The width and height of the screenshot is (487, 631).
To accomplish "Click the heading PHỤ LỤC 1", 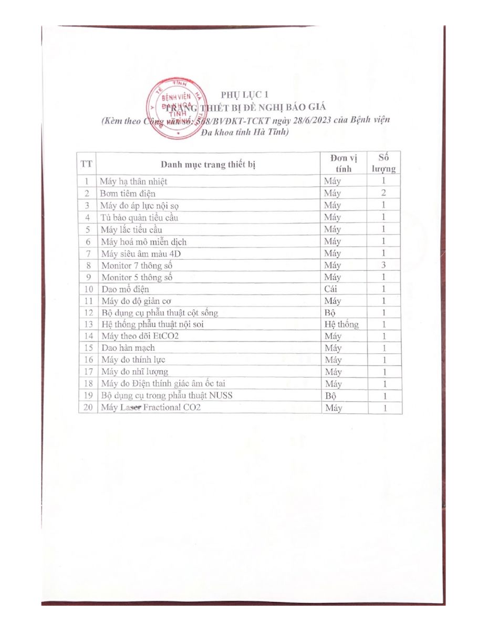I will coord(244,95).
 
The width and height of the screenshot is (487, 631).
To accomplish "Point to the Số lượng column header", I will coord(384,163).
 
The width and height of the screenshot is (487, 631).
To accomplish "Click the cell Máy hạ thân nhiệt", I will coord(134,181).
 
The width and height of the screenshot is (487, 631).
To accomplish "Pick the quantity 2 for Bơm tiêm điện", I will coord(384,193).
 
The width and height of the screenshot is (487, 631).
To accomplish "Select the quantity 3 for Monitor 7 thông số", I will coord(384,265).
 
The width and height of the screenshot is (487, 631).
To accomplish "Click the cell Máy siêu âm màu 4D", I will coord(137,253).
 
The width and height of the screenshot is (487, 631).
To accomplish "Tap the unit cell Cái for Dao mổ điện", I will coord(331,289).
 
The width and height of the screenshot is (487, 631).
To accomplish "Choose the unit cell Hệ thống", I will coord(341,324).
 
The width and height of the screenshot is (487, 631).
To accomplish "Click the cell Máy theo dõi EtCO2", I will coord(140,336).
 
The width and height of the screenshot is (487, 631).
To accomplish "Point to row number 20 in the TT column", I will coord(88,408).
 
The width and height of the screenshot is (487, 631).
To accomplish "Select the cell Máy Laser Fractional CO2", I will coord(151,408).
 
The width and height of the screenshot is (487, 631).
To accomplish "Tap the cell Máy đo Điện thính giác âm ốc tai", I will coord(163,383).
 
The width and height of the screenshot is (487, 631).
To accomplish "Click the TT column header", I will coord(87,164).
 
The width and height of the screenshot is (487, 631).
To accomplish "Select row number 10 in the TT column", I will coord(88,289).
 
